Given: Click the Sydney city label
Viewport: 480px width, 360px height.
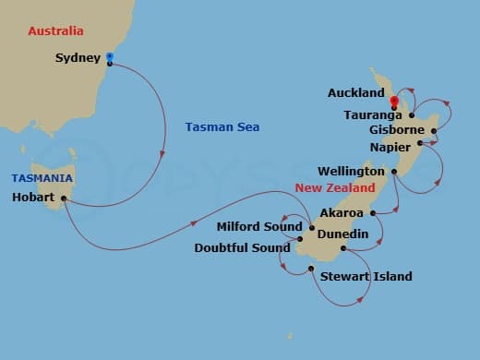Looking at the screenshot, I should (78, 58).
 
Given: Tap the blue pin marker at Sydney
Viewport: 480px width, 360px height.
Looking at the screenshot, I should (110, 57).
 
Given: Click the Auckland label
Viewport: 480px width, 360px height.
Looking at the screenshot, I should (355, 94).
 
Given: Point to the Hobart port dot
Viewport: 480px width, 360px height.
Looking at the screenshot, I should (64, 198).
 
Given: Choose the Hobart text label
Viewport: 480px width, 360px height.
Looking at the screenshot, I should (36, 198).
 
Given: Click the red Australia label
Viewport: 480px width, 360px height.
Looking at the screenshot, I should (56, 31).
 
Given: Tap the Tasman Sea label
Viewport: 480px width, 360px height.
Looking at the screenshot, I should (222, 127).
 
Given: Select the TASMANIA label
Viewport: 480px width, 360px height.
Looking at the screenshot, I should (42, 178).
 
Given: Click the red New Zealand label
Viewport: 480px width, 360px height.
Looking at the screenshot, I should (335, 188).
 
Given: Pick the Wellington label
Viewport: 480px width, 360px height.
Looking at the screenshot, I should (351, 172).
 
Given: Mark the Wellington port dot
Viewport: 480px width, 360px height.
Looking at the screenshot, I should (394, 172).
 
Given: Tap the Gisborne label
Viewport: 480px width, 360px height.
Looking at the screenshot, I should (396, 130).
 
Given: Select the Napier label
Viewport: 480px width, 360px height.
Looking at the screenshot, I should (389, 145).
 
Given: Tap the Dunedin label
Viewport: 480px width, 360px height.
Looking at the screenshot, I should (342, 234).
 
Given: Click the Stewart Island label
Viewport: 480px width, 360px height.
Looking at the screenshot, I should (366, 276).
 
